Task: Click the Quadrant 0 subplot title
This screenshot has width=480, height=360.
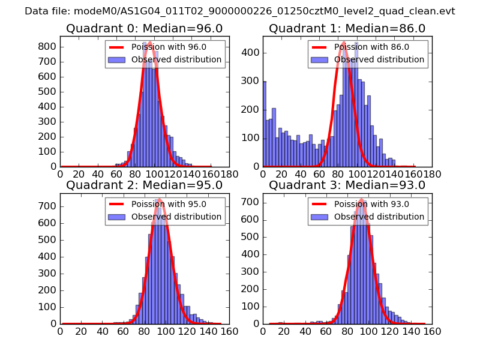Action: pos(144,28)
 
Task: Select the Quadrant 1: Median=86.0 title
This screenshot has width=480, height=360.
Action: pos(347,28)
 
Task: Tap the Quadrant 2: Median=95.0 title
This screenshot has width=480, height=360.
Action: pos(144,185)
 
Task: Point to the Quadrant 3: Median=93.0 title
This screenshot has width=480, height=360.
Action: pos(347,185)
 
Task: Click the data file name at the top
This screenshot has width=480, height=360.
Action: pos(240,11)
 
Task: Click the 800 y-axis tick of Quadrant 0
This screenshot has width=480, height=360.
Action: pos(48,47)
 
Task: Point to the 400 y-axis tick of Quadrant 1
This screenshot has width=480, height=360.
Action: pos(251,53)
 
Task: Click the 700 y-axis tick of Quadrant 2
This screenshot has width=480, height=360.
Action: pos(48,206)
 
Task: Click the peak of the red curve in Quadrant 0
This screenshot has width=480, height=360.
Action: pos(149,43)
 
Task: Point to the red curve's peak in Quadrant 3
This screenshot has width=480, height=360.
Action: pos(361,199)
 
